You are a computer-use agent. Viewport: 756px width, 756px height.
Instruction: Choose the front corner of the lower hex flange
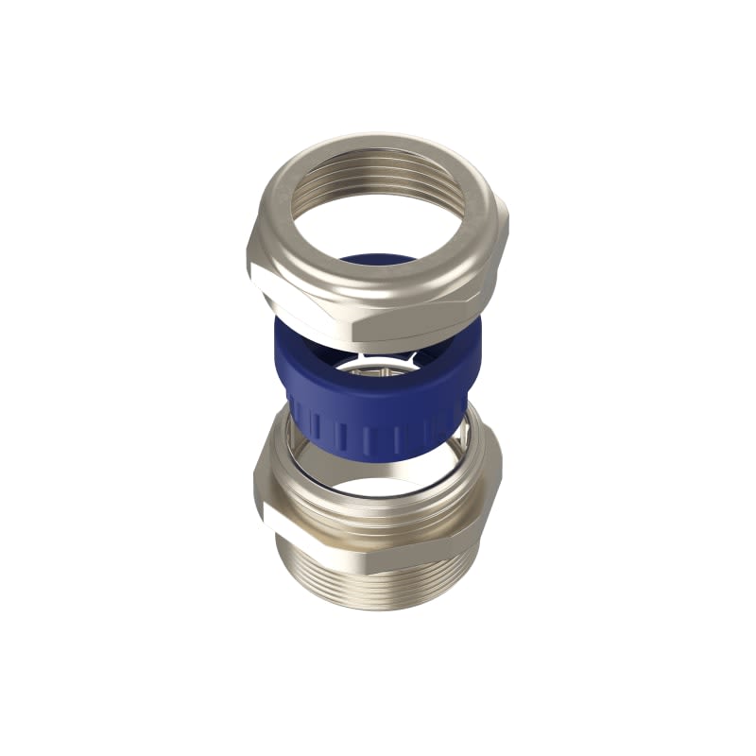(372, 558)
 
